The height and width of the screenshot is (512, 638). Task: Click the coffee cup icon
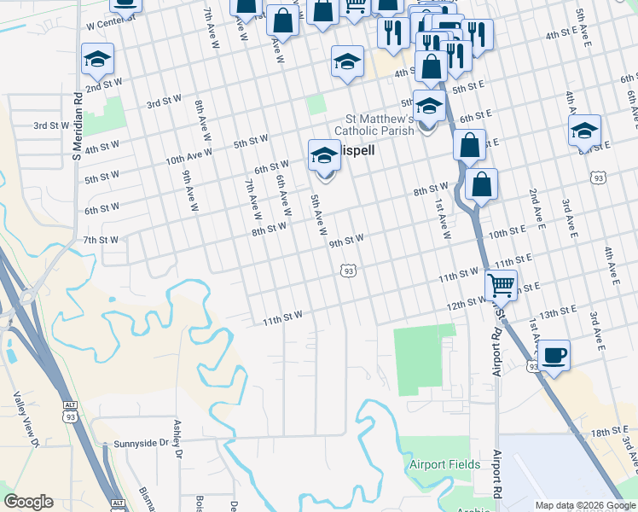click(554, 353)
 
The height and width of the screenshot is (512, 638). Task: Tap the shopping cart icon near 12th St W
click(501, 284)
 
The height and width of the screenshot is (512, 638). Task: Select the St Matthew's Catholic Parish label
click(374, 125)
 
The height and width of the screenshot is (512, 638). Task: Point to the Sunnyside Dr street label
click(142, 444)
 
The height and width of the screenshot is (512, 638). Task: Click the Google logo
click(28, 502)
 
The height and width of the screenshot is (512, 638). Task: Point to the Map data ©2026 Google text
click(584, 505)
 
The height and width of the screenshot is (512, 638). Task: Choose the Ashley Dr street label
click(178, 438)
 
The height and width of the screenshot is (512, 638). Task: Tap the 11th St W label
click(282, 318)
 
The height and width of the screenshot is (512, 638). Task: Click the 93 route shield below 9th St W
click(347, 271)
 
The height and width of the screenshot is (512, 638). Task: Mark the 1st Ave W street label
click(442, 218)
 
